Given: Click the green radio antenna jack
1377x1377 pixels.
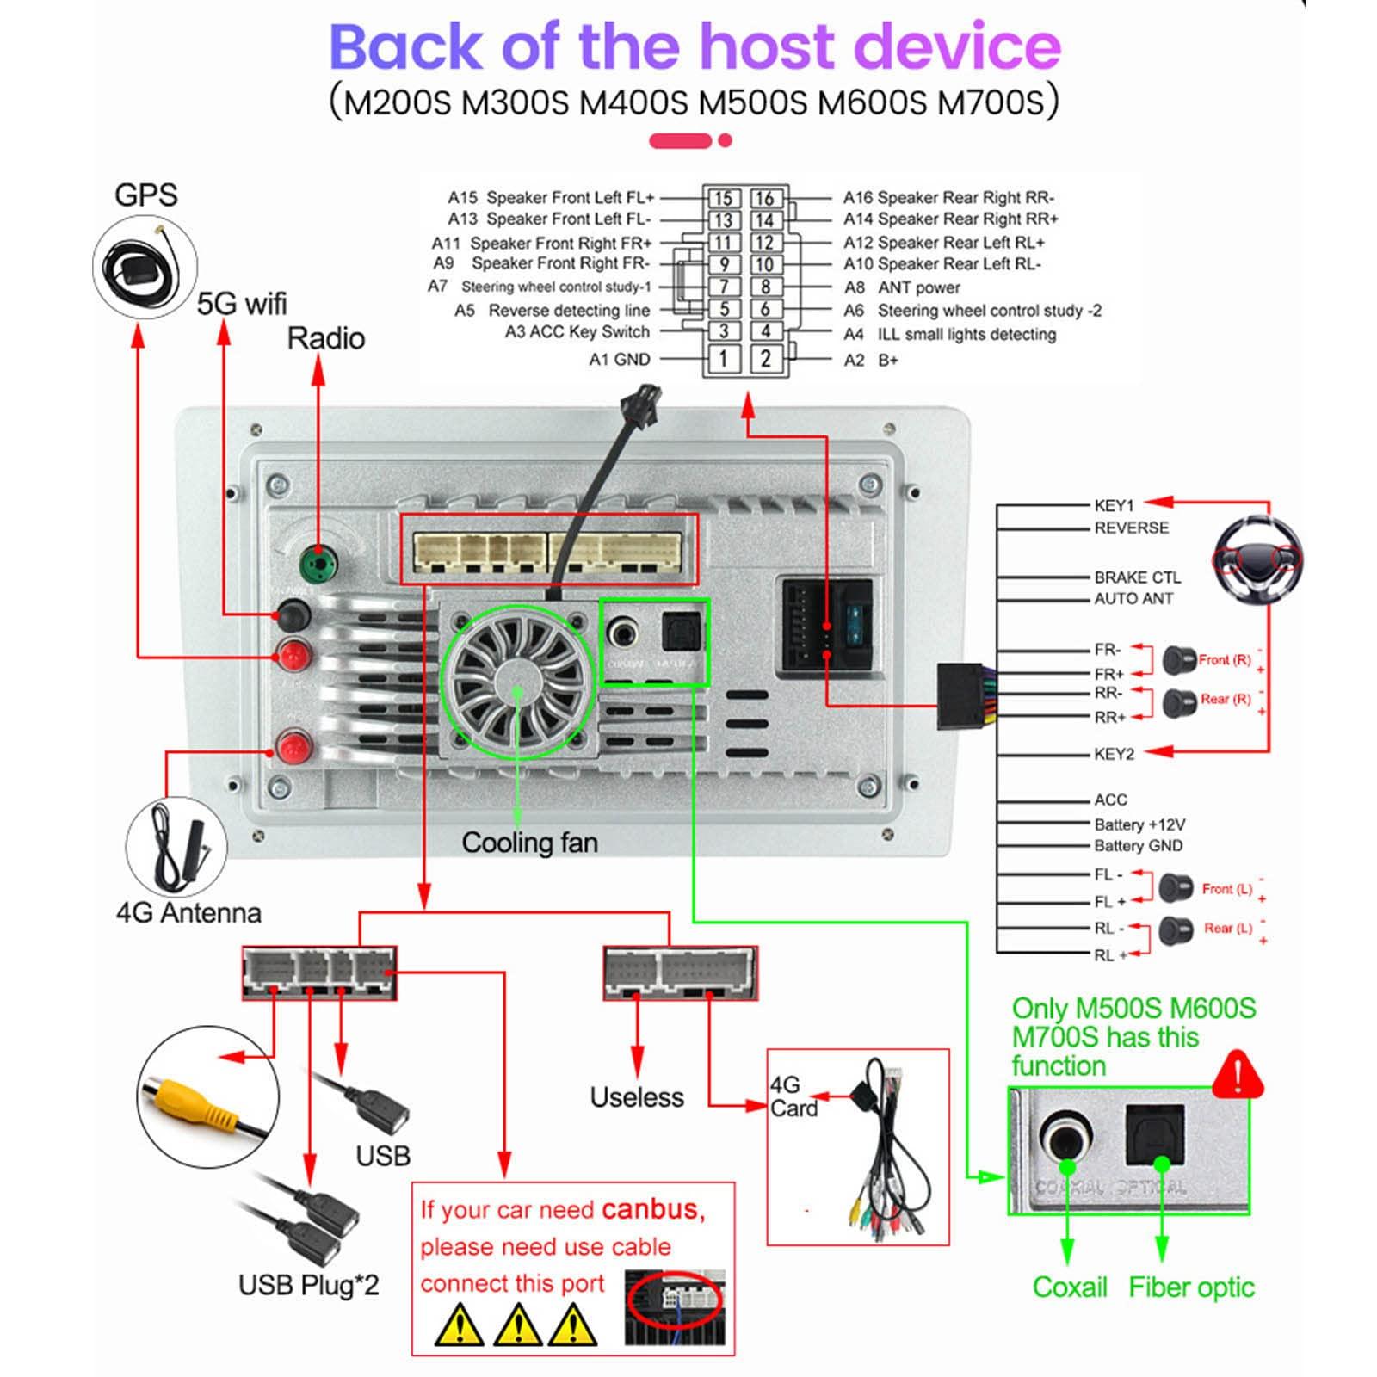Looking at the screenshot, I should pos(318,565).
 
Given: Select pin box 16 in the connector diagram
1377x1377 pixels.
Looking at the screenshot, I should pos(765,199).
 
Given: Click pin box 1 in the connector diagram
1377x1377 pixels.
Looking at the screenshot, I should pos(724,359).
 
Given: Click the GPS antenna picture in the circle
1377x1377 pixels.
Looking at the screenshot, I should pos(145,267).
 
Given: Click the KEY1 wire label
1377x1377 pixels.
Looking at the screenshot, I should pos(1114,505).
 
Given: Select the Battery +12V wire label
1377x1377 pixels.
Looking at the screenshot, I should pos(1139,824).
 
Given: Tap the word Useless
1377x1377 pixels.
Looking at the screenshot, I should pos(637,1097).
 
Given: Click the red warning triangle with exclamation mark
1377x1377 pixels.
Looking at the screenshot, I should pos(1237,1075).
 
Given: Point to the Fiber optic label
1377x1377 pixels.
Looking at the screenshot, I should pos(1191,1287).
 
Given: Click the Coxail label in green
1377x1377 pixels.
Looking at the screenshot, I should pos(1070,1287).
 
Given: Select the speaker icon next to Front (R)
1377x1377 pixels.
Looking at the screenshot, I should pos(1178,660).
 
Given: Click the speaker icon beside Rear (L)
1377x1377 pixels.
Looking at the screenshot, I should pos(1175,929).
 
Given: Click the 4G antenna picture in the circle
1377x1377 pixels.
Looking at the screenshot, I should pos(176,848).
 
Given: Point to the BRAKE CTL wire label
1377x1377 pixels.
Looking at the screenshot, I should pos(1137,577).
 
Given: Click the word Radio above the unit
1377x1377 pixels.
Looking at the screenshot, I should pos(325,338).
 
